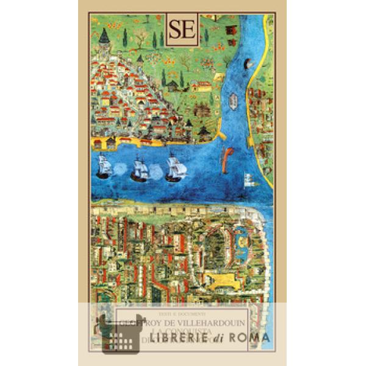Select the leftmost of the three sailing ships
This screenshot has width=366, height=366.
pos(102,168)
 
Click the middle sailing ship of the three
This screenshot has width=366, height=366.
pos(140,169)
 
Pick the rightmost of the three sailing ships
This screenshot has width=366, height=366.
pos(176,169)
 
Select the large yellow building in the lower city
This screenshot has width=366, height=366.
pos(218,281)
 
